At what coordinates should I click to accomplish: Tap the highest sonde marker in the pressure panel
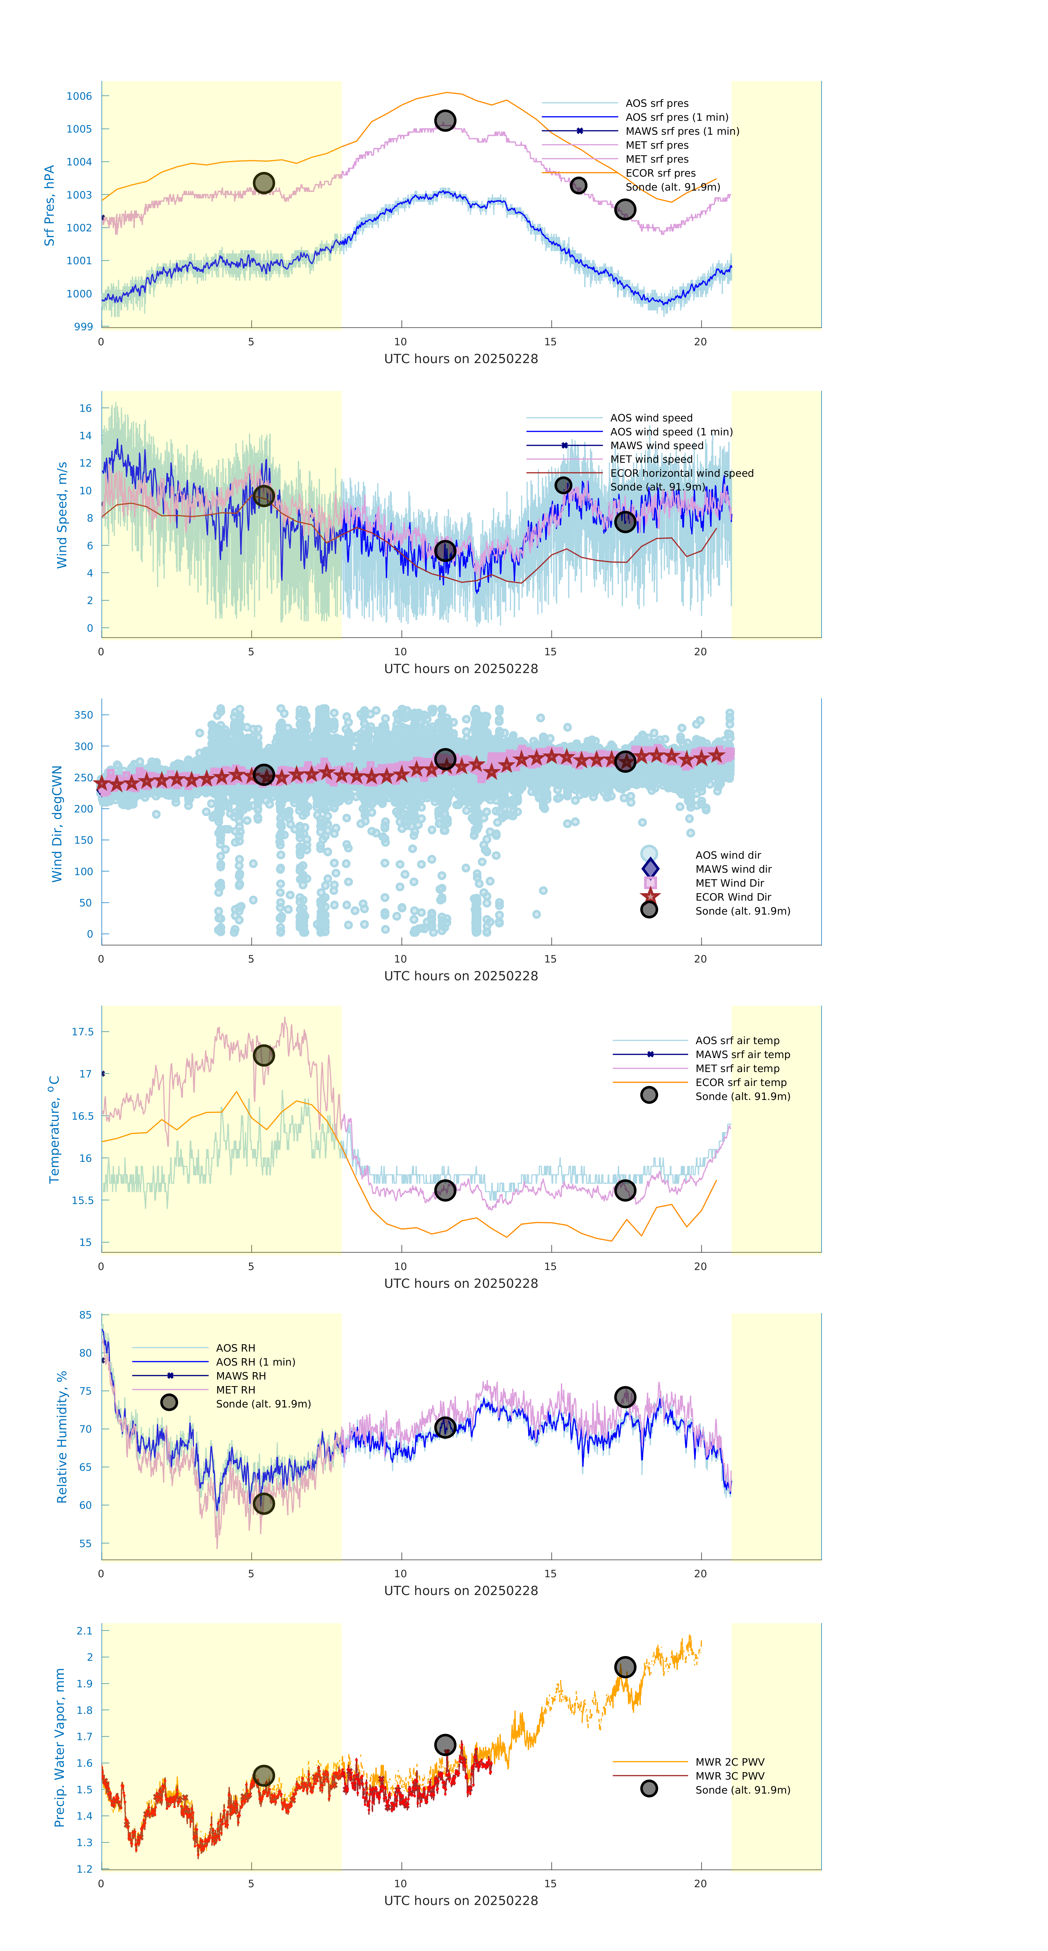pyautogui.click(x=445, y=120)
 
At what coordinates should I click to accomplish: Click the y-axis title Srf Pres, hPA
pyautogui.click(x=49, y=205)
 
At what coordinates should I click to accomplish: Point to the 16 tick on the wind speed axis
pyautogui.click(x=86, y=408)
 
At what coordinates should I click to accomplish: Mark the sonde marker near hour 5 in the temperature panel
pyautogui.click(x=263, y=1055)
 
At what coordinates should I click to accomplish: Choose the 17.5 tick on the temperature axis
pyautogui.click(x=82, y=1031)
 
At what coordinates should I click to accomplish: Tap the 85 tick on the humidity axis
pyautogui.click(x=86, y=1315)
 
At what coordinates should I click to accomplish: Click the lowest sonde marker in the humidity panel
pyautogui.click(x=263, y=1503)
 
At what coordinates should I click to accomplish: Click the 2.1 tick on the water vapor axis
pyautogui.click(x=84, y=1631)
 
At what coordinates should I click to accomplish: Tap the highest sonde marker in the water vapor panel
pyautogui.click(x=624, y=1667)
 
